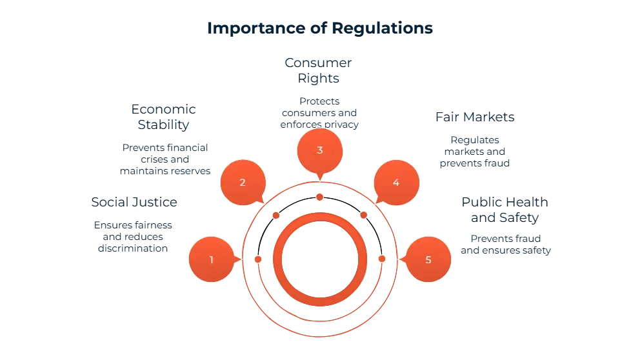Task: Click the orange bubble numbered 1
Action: [210, 259]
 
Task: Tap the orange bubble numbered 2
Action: [243, 182]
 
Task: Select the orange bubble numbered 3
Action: [319, 150]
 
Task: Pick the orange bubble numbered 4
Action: [395, 182]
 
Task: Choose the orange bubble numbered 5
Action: [428, 259]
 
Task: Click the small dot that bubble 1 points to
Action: [258, 259]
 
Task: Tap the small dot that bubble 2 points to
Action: [276, 215]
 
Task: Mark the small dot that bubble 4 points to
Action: [363, 215]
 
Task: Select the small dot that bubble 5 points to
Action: [381, 259]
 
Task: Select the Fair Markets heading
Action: [474, 117]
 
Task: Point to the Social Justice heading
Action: [134, 202]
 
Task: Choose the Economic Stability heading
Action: [163, 115]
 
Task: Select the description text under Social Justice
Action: [134, 236]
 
